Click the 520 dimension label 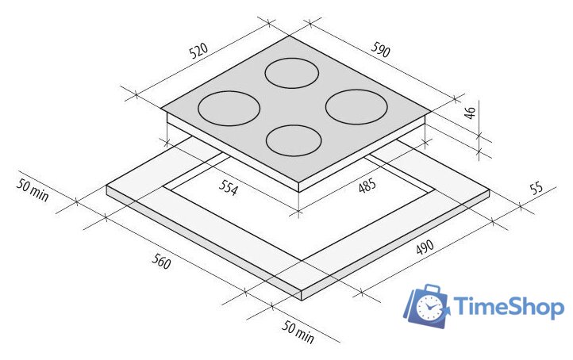point(199,51)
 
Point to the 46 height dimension point(471,113)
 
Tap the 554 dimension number point(229,187)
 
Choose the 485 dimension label point(367,186)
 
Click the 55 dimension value point(536,188)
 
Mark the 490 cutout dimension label point(425,247)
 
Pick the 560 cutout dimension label point(161,261)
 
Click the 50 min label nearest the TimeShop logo point(298,332)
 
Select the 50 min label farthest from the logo point(33,190)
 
